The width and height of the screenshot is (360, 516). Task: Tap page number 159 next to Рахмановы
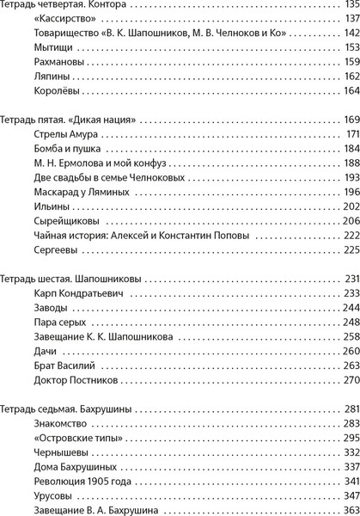click(351, 63)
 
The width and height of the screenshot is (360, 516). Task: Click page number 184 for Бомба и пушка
click(350, 150)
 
